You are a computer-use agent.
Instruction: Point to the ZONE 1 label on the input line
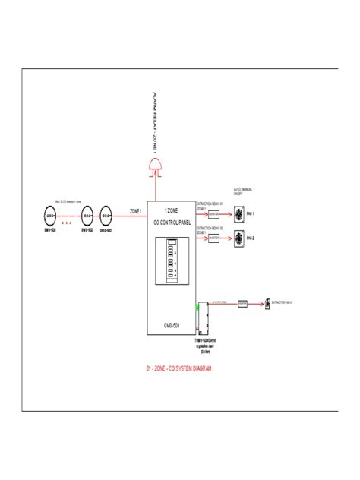pyautogui.click(x=136, y=211)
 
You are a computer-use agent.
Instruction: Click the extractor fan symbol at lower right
pyautogui.click(x=266, y=302)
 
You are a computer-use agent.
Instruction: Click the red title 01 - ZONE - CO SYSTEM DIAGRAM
pyautogui.click(x=178, y=368)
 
